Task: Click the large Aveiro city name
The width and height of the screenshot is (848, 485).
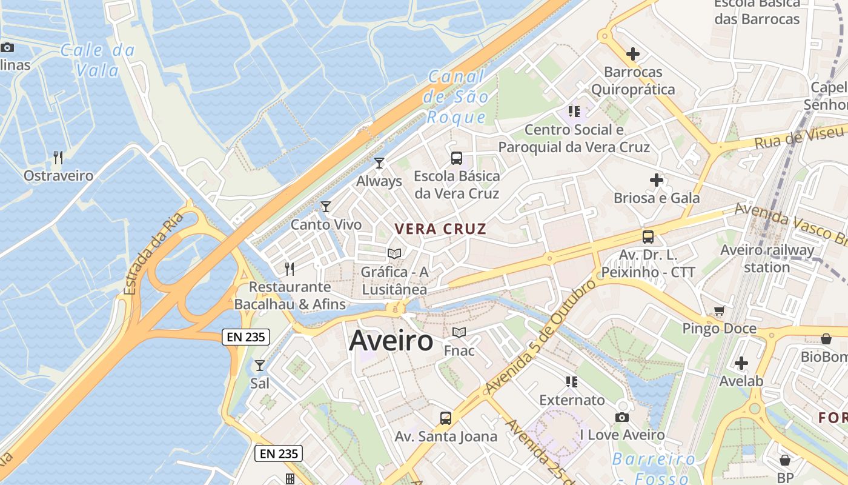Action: click(x=391, y=341)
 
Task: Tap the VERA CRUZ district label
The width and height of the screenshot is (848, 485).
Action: click(x=440, y=229)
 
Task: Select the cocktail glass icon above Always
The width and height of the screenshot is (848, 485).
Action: click(x=379, y=162)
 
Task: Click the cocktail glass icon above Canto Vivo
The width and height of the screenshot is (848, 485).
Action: click(x=326, y=206)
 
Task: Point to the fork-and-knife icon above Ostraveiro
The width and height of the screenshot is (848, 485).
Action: click(x=58, y=158)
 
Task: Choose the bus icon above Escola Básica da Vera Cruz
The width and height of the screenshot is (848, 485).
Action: click(x=457, y=158)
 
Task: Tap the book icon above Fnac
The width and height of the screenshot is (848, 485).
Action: click(x=459, y=332)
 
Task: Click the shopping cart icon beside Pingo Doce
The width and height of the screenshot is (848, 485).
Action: click(x=719, y=311)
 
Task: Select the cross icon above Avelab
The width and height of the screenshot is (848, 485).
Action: click(x=741, y=363)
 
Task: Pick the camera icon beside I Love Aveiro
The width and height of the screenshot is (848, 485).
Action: click(x=621, y=417)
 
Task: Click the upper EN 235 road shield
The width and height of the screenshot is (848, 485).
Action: click(x=245, y=337)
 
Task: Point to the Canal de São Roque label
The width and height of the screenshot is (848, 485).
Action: click(x=457, y=96)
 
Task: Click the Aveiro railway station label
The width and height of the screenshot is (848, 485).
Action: click(x=767, y=258)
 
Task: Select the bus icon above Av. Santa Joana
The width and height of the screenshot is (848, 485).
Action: click(x=446, y=418)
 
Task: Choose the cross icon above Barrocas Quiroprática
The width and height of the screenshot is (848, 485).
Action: click(x=633, y=54)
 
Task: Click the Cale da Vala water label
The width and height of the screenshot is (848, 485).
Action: click(x=98, y=60)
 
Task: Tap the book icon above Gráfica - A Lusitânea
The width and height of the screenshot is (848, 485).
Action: click(x=394, y=253)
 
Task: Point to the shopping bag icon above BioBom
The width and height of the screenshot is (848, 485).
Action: click(x=826, y=338)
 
